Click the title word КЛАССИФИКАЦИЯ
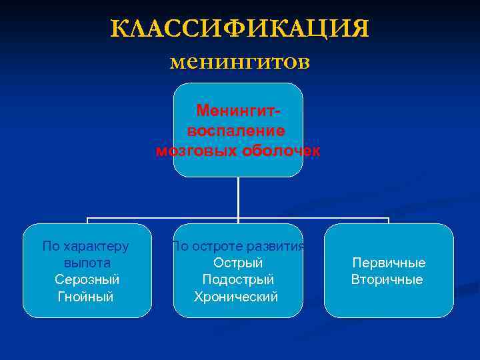point(239,29)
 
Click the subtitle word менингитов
point(239,62)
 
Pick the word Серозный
point(87,279)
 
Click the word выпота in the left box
point(87,263)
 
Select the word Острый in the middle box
point(238,263)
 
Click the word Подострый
point(238,279)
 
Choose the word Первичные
point(389,263)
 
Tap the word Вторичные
point(387,279)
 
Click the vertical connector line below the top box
point(238,197)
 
